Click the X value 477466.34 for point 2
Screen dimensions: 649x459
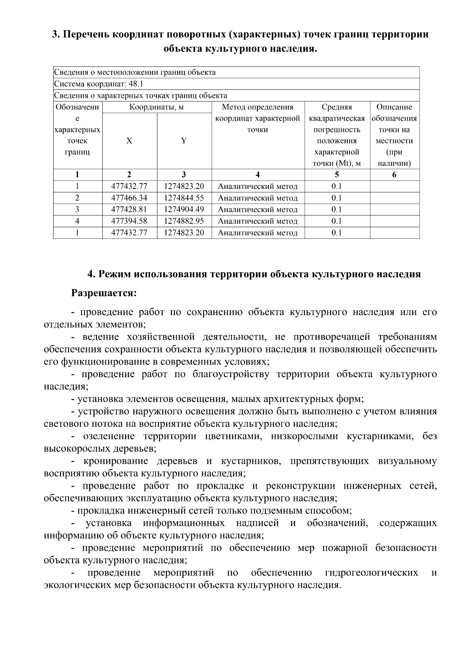pos(129,198)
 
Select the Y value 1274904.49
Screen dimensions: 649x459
pos(184,210)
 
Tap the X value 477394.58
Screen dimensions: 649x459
pos(129,221)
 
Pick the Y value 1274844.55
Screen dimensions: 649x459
pos(184,198)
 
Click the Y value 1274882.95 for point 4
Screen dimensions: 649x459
pos(184,221)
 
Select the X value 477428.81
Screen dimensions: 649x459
pos(129,210)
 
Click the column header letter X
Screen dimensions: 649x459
pos(129,141)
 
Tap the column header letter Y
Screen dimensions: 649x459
pos(184,141)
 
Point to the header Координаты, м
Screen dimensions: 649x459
pos(156,107)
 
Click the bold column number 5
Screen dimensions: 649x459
pos(337,175)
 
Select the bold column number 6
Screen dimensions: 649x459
pos(394,175)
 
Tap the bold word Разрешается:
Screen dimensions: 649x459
pos(104,294)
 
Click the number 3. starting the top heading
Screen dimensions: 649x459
pos(56,35)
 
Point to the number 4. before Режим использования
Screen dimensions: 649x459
pos(91,275)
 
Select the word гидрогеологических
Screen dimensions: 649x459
pos(371,573)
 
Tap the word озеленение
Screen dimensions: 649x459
pos(109,437)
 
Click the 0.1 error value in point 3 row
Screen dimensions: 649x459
pos(337,210)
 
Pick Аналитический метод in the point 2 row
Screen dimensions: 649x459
pos(258,198)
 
